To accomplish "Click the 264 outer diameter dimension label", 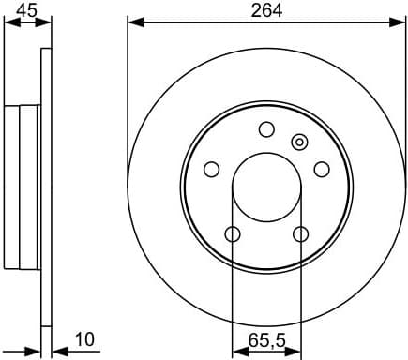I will pyautogui.click(x=265, y=11).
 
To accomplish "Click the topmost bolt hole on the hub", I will pyautogui.click(x=266, y=129).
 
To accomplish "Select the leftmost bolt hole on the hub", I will pyautogui.click(x=211, y=170).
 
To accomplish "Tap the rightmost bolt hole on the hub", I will pyautogui.click(x=322, y=170).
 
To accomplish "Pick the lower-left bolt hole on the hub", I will pyautogui.click(x=232, y=234).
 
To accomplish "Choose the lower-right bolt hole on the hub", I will pyautogui.click(x=301, y=234).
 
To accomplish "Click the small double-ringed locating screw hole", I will pyautogui.click(x=299, y=142).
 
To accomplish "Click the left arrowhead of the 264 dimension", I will pyautogui.click(x=132, y=21).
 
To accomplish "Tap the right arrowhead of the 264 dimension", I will pyautogui.click(x=400, y=21).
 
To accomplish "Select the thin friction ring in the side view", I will pyautogui.click(x=45, y=187).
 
